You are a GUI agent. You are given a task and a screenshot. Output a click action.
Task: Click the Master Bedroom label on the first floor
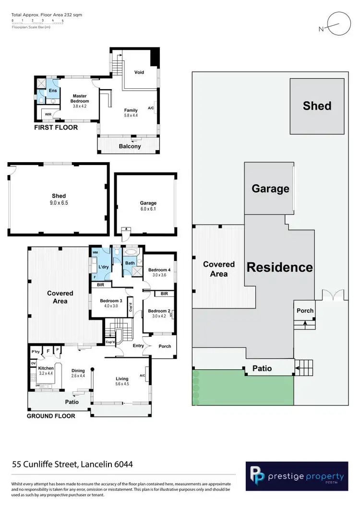pyautogui.click(x=80, y=98)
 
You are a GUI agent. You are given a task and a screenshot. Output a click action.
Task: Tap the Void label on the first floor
pyautogui.click(x=139, y=72)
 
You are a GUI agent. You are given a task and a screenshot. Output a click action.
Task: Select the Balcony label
pyautogui.click(x=130, y=146)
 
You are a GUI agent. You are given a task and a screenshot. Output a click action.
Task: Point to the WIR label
pyautogui.click(x=48, y=115)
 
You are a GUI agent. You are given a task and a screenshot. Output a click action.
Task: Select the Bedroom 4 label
pyautogui.click(x=159, y=269)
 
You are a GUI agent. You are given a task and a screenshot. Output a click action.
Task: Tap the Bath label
pyautogui.click(x=130, y=263)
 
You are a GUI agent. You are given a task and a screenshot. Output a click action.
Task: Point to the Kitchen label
pyautogui.click(x=46, y=368)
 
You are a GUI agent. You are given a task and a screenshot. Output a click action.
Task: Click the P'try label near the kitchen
pyautogui.click(x=35, y=352)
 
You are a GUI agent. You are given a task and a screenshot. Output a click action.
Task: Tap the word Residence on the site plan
pyautogui.click(x=280, y=267)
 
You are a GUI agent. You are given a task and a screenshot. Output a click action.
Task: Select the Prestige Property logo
pyautogui.click(x=297, y=476)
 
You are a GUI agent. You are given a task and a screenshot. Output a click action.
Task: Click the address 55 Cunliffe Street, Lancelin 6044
pyautogui.click(x=72, y=464)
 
